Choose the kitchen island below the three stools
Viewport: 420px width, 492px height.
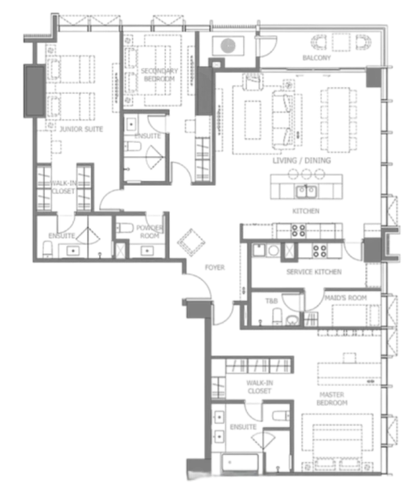(307, 189)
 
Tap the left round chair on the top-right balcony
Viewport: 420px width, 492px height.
(319, 43)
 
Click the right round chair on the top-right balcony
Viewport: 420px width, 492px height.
(363, 43)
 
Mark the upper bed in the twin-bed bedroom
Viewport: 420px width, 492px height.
(76, 69)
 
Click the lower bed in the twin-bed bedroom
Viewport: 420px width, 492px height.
(76, 104)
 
